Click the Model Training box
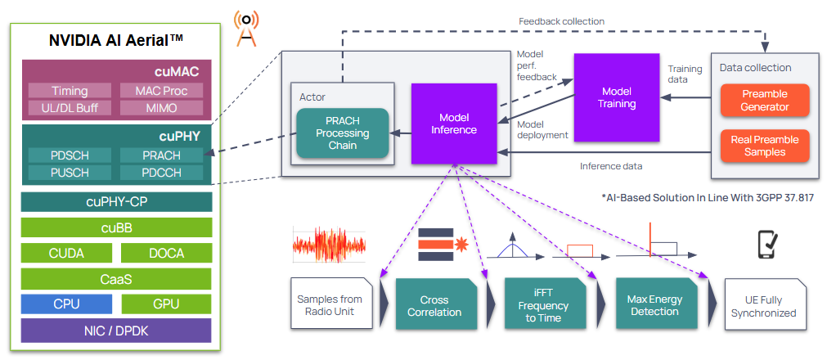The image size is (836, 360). click(617, 97)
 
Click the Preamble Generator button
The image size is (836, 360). click(765, 100)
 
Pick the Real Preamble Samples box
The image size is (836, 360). click(765, 146)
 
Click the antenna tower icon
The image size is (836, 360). click(245, 27)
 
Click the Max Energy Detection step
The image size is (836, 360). click(654, 305)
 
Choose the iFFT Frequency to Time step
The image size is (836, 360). click(543, 305)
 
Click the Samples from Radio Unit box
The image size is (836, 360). click(330, 305)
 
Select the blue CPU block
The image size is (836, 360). click(66, 304)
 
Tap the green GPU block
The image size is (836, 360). click(166, 304)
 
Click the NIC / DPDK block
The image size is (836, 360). click(116, 330)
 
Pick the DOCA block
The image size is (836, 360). click(166, 254)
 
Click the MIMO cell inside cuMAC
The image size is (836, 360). click(161, 107)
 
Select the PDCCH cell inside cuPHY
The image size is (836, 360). click(161, 172)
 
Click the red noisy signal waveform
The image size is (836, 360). click(329, 245)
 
